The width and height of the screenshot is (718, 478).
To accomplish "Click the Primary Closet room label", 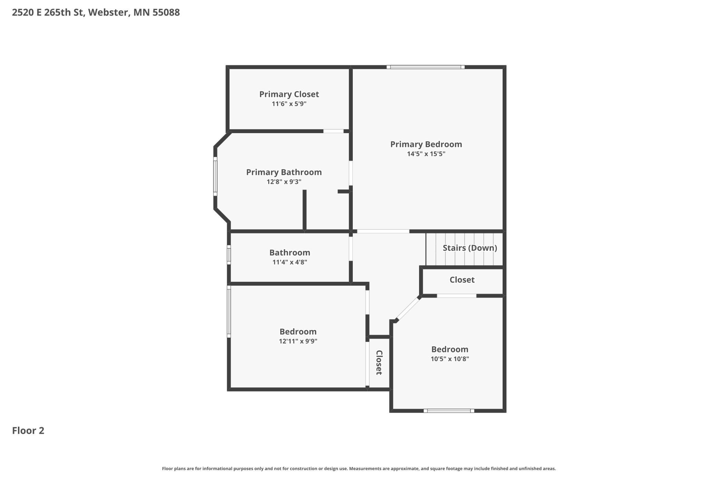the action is click(x=289, y=94).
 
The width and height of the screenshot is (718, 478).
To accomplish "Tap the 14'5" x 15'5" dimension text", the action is click(x=426, y=154).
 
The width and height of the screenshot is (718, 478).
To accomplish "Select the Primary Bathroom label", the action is click(x=284, y=172).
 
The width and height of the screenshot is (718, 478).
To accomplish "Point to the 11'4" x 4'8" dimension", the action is click(x=290, y=262).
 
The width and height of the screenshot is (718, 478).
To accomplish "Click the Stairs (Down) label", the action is click(x=470, y=248).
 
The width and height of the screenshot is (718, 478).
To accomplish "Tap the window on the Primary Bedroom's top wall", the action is click(x=425, y=67).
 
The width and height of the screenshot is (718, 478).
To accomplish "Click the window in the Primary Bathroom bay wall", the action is click(x=215, y=176).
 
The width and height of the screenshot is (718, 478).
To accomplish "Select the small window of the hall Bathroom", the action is click(x=229, y=255).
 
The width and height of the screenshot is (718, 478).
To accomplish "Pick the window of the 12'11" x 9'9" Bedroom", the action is click(x=229, y=311).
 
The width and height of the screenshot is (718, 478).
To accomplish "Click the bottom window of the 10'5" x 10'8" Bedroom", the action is click(x=449, y=410).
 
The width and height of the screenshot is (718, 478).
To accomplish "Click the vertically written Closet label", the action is click(x=379, y=362).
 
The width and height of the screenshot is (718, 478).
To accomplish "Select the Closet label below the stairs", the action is click(x=462, y=280).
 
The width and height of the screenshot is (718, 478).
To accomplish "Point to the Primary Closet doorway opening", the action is click(x=333, y=131).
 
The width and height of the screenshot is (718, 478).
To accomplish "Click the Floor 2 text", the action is click(x=28, y=430).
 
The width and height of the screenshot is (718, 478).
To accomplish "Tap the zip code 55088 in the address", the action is click(x=166, y=12).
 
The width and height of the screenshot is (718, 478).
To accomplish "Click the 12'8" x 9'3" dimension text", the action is click(x=284, y=182).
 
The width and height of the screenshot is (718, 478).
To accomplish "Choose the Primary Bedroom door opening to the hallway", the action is click(x=383, y=231).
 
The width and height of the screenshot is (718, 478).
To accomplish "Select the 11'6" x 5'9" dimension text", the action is click(x=289, y=104).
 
